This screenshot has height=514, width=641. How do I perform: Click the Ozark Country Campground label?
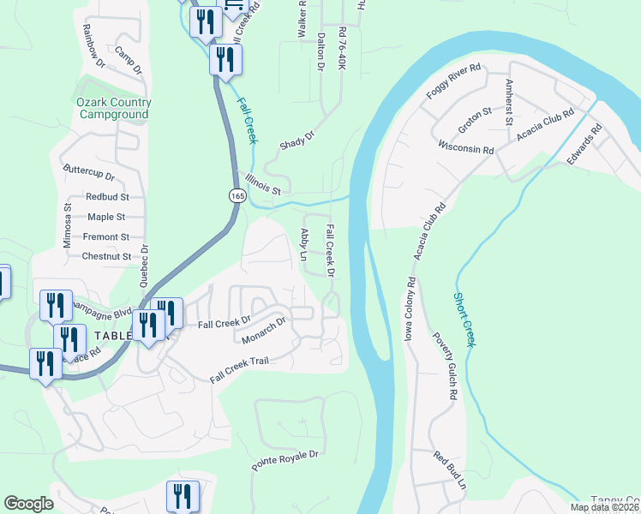pyautogui.click(x=113, y=108)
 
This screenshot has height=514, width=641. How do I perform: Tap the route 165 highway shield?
pyautogui.click(x=236, y=196)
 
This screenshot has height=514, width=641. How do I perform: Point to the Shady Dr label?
pyautogui.click(x=297, y=141)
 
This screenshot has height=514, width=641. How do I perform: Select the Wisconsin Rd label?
pyautogui.click(x=465, y=148)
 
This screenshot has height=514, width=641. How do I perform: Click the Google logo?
pyautogui.click(x=28, y=503)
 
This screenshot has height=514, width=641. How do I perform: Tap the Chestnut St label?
pyautogui.click(x=106, y=256)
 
